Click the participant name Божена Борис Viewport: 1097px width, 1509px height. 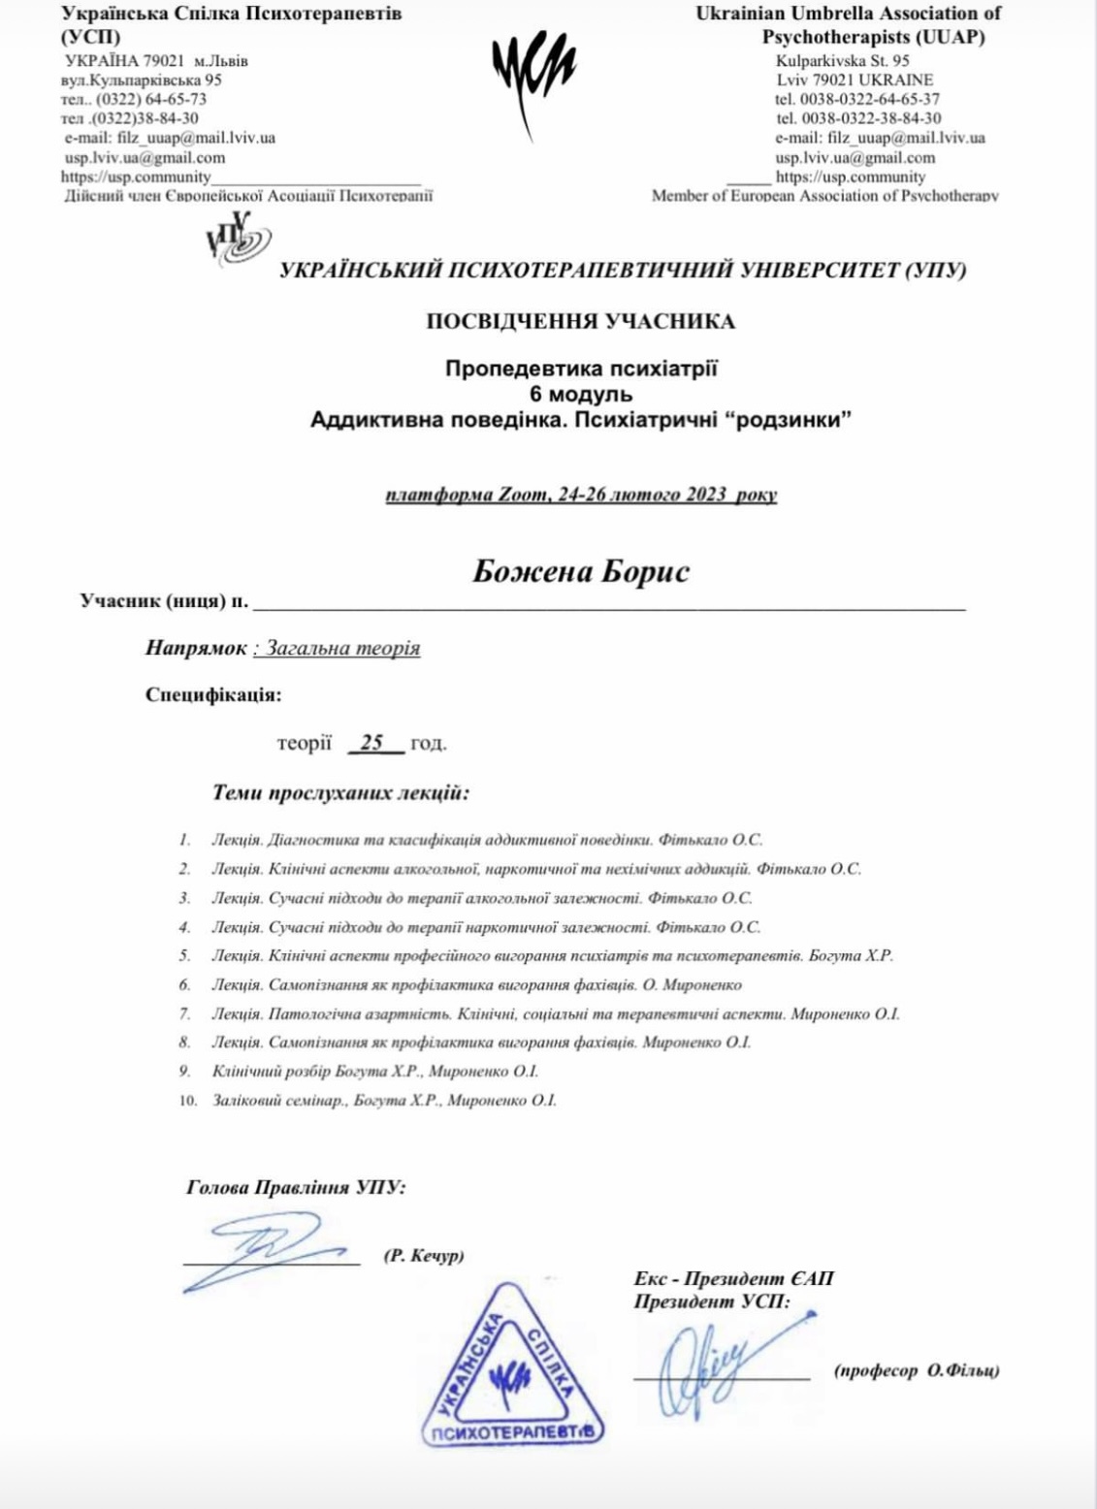(580, 571)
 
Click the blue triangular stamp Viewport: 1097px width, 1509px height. (512, 1367)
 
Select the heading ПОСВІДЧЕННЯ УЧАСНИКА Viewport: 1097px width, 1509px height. (580, 322)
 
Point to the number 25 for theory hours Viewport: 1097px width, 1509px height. (371, 744)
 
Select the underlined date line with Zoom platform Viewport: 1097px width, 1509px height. (580, 495)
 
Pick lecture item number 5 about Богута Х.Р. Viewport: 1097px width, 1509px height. (551, 956)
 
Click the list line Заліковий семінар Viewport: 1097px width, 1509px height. (383, 1101)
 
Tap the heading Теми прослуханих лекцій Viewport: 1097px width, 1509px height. (340, 793)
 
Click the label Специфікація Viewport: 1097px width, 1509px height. (213, 695)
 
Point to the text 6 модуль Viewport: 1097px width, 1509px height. (580, 395)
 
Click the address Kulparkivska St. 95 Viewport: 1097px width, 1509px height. (842, 60)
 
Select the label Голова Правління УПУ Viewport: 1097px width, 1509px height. (296, 1188)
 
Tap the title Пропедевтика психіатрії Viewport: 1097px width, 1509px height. (580, 369)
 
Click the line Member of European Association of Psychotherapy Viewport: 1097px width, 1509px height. (824, 196)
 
